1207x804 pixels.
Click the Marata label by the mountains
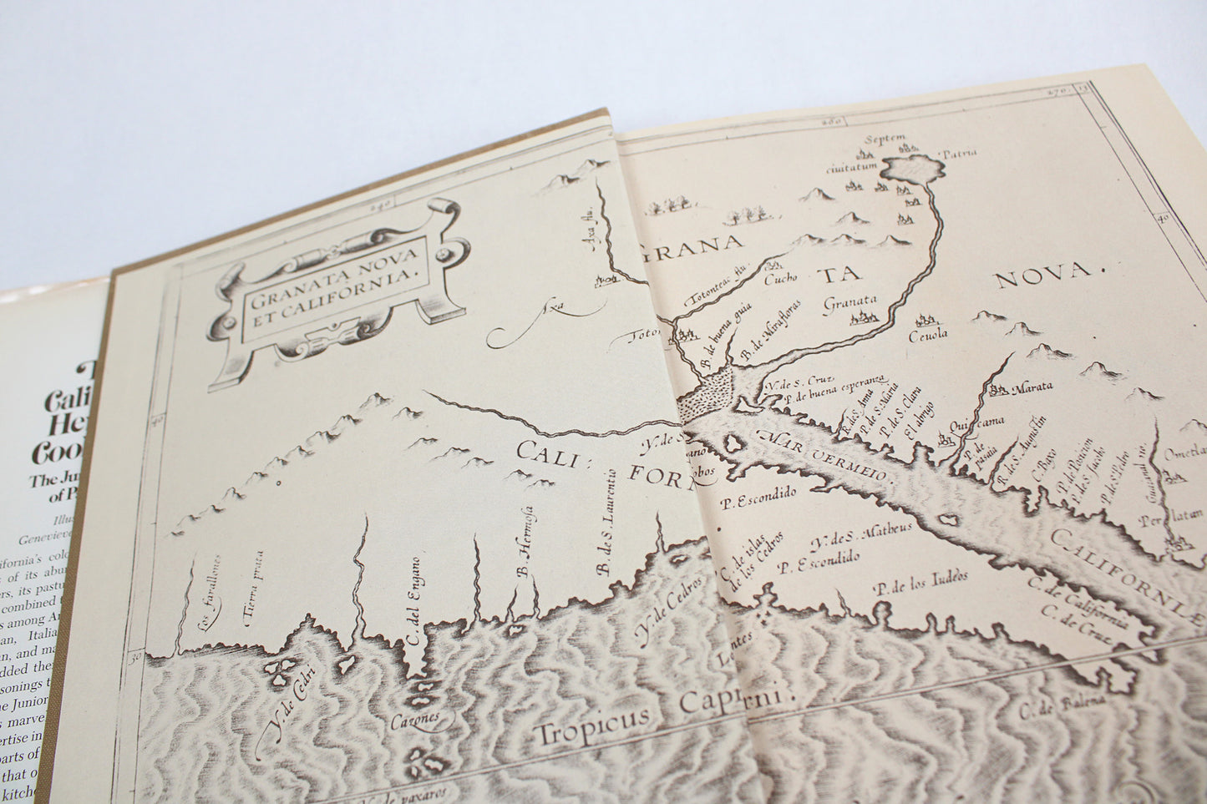[x=1032, y=387]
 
